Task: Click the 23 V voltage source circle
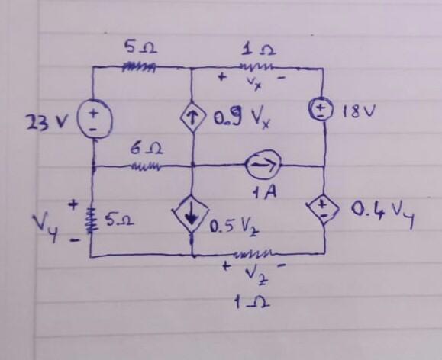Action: (93, 121)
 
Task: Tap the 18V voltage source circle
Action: (324, 111)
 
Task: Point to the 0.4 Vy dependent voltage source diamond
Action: (324, 210)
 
